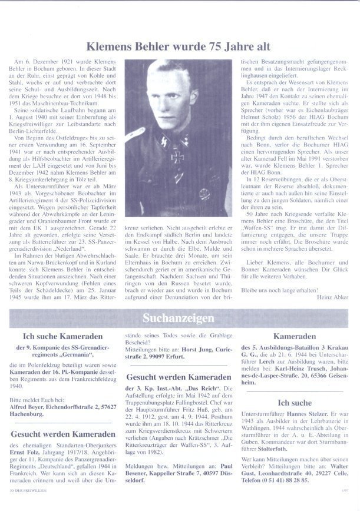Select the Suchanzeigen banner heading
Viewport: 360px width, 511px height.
pyautogui.click(x=179, y=318)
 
